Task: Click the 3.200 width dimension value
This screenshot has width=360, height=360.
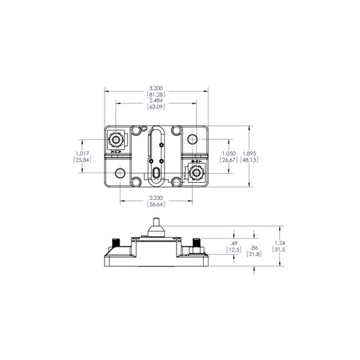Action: [156, 88]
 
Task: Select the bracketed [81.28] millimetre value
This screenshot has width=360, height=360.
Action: [156, 95]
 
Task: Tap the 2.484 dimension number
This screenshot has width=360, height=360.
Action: [156, 101]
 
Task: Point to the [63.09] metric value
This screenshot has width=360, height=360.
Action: [156, 107]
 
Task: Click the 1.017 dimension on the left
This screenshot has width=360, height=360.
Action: [84, 154]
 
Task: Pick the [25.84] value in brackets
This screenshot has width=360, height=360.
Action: [84, 160]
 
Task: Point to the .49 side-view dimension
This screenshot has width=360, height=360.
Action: [233, 243]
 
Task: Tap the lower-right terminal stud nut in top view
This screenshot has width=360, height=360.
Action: [197, 174]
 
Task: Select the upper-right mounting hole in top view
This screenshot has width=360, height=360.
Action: [195, 139]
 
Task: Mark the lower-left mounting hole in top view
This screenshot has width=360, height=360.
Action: [120, 174]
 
